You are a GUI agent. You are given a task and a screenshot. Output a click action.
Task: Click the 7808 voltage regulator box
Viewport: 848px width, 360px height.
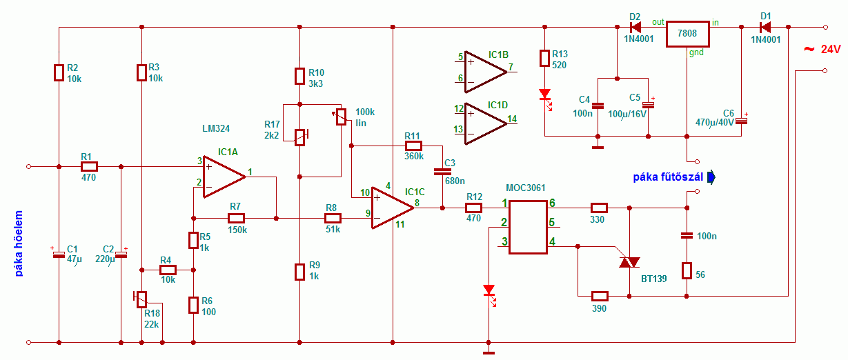coord(687,33)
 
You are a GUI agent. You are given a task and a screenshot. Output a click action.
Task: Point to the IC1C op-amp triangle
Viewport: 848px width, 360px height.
coord(391,208)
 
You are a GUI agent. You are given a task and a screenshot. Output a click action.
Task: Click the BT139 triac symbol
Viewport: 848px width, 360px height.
coord(629,262)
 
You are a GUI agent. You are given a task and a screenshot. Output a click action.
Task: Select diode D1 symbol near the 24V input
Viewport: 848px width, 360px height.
coord(764,28)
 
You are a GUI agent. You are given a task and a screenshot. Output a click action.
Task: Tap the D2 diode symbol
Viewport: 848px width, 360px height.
coord(635,28)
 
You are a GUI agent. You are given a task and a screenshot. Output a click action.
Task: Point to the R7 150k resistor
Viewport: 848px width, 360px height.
coord(236,218)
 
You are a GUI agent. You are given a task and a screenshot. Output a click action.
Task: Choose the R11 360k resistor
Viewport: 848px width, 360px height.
coord(413,146)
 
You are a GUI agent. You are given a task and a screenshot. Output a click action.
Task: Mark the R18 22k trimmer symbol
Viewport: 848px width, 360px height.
coord(141,299)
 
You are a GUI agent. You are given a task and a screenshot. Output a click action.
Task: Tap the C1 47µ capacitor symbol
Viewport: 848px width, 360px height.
coord(59,254)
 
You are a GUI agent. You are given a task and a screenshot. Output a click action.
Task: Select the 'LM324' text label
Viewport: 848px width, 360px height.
coord(216,128)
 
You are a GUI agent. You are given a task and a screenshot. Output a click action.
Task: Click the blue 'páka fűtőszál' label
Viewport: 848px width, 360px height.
coord(668,178)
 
